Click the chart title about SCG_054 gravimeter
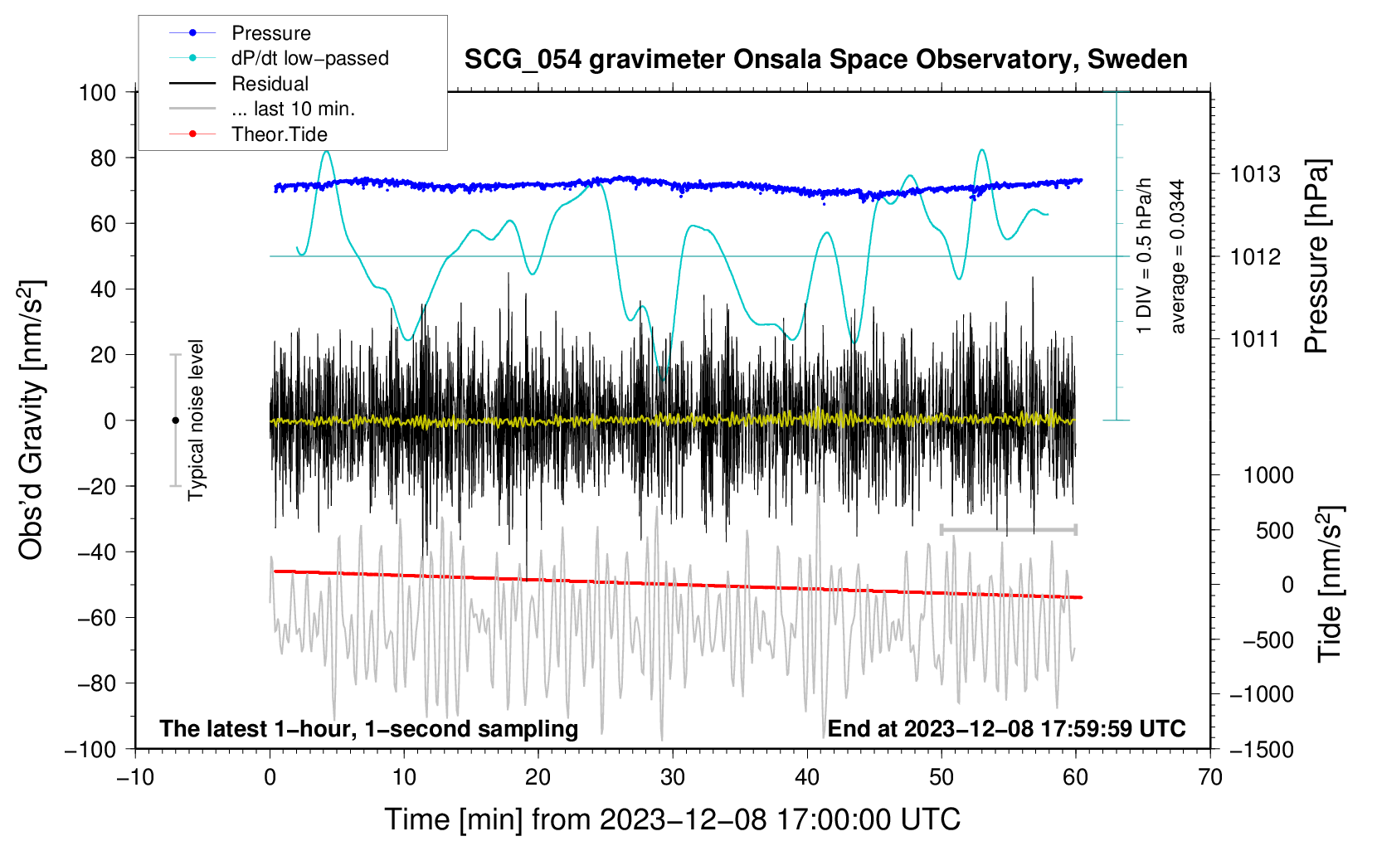825,60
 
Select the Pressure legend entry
270,33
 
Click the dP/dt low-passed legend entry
309,58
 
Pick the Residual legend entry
270,84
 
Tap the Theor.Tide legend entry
279,134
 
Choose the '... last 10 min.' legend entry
293,109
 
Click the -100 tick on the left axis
90,749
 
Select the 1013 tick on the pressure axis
1255,174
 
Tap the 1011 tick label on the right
1255,338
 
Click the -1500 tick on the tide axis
1262,749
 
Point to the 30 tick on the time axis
673,777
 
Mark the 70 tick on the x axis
1210,777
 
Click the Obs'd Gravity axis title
31,420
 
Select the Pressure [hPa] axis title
1316,256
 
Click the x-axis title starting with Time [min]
673,819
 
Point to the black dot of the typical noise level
175,421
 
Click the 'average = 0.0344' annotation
1177,256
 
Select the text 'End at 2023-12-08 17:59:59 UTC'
1006,729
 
